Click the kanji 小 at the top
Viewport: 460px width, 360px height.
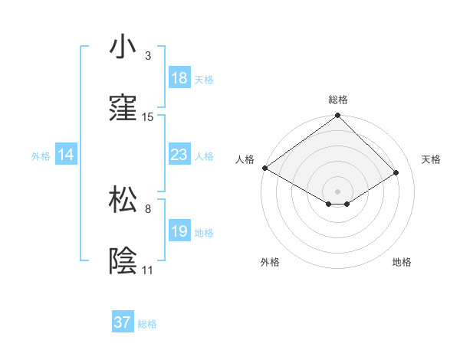point(123,47)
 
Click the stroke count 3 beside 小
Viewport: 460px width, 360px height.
point(148,56)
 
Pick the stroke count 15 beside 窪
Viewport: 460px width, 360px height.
point(148,117)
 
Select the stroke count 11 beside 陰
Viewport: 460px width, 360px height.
point(148,270)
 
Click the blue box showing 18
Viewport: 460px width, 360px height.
point(179,78)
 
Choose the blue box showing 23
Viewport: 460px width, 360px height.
point(179,155)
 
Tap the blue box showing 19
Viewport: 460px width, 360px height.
point(179,231)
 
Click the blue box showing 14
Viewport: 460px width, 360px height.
point(66,155)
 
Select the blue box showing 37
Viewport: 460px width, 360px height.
point(123,322)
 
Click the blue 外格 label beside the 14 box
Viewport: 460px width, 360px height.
point(41,155)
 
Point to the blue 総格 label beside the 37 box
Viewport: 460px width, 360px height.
point(147,324)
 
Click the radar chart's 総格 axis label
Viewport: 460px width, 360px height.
point(338,100)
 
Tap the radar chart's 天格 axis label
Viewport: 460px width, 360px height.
point(431,159)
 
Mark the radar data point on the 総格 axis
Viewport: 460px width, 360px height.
point(338,116)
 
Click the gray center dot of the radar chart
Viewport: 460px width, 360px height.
point(338,191)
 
